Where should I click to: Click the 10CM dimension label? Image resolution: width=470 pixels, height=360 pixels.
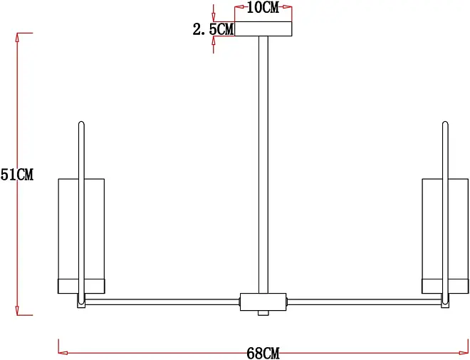[x=263, y=7]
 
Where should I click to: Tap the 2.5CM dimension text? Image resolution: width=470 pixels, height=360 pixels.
[x=213, y=29]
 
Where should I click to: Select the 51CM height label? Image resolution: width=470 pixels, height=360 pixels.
[x=17, y=175]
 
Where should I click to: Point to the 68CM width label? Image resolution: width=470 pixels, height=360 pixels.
[x=263, y=353]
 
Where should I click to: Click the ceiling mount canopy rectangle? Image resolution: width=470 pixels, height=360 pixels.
[x=263, y=29]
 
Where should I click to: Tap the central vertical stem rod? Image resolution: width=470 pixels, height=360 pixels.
[x=263, y=165]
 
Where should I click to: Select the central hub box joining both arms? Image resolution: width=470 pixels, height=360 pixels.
[x=263, y=302]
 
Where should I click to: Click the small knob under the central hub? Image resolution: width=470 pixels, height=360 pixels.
[x=263, y=313]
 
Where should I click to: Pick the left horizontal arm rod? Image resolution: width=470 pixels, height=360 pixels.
[x=162, y=302]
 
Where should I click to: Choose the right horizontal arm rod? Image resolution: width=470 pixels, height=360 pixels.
[x=364, y=302]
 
